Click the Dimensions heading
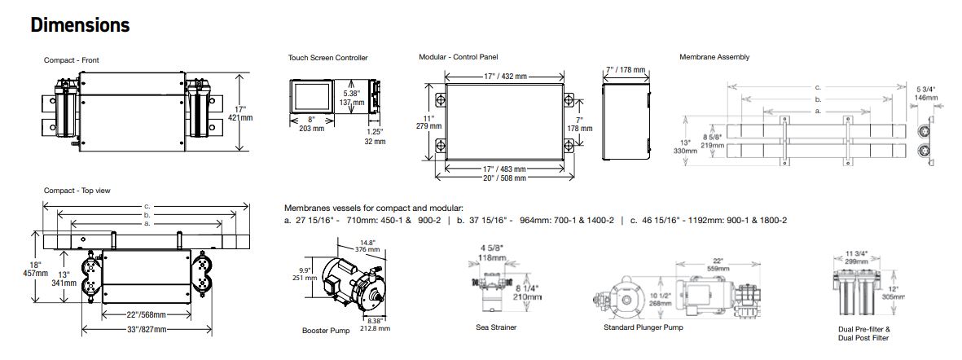pyautogui.click(x=80, y=26)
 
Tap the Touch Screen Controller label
pyautogui.click(x=327, y=58)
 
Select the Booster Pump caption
pyautogui.click(x=326, y=331)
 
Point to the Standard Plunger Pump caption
pyautogui.click(x=643, y=327)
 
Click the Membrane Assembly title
pyautogui.click(x=714, y=57)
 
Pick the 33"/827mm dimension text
pyautogui.click(x=146, y=329)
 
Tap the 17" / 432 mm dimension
pyautogui.click(x=503, y=77)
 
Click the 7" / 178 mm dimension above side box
pyautogui.click(x=625, y=69)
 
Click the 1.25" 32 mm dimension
pyautogui.click(x=376, y=136)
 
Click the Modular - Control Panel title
pyautogui.click(x=458, y=57)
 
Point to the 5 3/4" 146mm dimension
pyautogui.click(x=926, y=93)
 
